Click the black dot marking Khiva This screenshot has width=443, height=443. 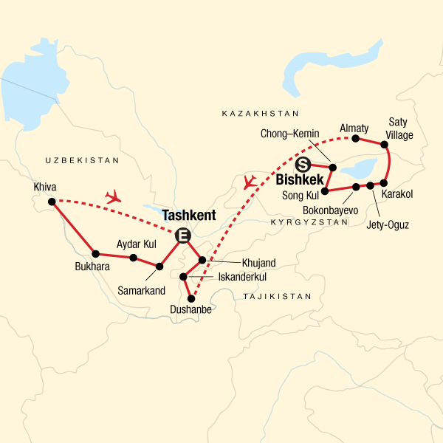tap(51, 202)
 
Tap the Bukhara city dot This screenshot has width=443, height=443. tap(95, 254)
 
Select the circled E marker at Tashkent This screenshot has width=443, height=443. tap(181, 236)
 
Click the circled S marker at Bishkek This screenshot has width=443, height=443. tap(303, 165)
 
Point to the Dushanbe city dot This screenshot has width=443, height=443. tap(193, 299)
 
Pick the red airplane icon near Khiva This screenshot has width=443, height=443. tap(113, 196)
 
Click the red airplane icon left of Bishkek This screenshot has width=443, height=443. tap(250, 180)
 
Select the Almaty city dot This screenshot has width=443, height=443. tap(355, 138)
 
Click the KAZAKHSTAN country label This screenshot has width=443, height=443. tap(260, 114)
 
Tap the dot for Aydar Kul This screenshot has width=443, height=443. tap(133, 258)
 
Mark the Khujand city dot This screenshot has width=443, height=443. tap(202, 260)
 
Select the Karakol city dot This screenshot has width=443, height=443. tap(383, 183)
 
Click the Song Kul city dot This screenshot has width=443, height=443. tap(325, 190)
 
